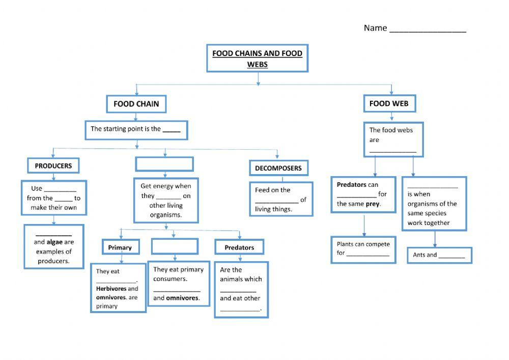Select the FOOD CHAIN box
[136, 104]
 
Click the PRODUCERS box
[53, 165]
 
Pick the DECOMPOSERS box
[278, 168]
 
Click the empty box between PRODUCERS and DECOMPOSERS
[164, 164]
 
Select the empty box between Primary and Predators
[174, 246]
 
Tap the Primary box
[120, 247]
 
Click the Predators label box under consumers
[239, 247]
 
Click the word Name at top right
[375, 28]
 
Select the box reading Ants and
[439, 255]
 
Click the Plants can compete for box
[363, 249]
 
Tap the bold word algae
[54, 242]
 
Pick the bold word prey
[373, 204]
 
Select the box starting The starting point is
[136, 130]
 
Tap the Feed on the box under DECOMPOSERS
[280, 199]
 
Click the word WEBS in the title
[257, 65]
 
